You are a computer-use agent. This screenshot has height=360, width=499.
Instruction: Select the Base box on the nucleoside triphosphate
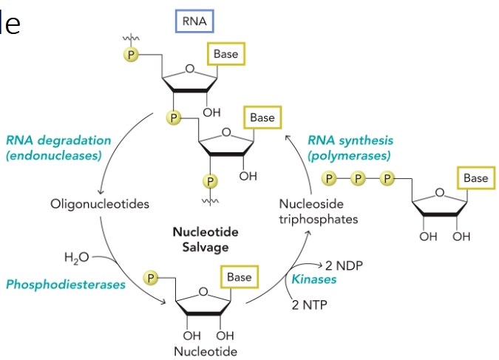coord(475,178)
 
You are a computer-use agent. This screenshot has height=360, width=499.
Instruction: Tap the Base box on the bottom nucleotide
coord(239,277)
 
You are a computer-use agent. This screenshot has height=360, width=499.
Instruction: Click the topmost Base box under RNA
coord(225,55)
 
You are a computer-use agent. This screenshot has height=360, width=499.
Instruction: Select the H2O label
coord(76,257)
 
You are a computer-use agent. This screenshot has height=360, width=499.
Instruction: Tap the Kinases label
coord(316,279)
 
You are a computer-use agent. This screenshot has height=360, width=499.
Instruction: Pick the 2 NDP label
coord(347,265)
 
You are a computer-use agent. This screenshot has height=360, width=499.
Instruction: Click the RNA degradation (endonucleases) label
coord(58,147)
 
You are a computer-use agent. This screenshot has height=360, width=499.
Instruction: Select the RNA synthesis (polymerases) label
coord(350,147)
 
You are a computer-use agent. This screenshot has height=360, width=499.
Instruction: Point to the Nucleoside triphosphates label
coord(319,211)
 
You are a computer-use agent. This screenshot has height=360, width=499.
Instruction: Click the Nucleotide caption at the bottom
coord(206,350)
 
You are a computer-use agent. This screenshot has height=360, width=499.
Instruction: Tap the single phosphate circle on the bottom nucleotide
coord(152,277)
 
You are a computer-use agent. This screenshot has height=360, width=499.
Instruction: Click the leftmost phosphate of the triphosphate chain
coord(330,178)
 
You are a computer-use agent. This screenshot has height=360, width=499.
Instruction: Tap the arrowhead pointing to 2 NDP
coord(320,264)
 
